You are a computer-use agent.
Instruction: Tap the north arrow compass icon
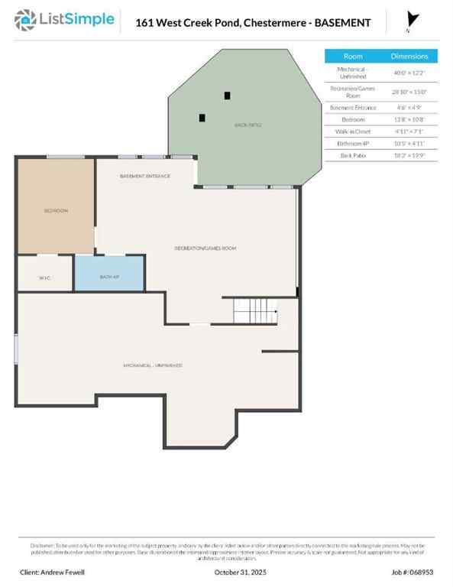413,21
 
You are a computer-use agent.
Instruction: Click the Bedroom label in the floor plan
55,210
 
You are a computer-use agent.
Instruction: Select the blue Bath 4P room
109,274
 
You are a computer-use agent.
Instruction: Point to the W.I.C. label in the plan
44,277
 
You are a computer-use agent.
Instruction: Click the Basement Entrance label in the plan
145,176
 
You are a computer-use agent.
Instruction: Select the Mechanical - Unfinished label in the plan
153,365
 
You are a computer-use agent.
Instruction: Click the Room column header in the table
353,57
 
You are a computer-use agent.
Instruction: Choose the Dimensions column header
409,57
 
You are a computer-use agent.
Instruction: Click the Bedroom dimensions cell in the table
409,119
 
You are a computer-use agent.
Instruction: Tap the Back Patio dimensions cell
409,155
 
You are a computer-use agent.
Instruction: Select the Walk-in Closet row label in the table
353,131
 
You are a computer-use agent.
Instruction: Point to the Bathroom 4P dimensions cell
409,143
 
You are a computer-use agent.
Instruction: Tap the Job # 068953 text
412,572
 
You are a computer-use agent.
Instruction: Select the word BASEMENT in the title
341,23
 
